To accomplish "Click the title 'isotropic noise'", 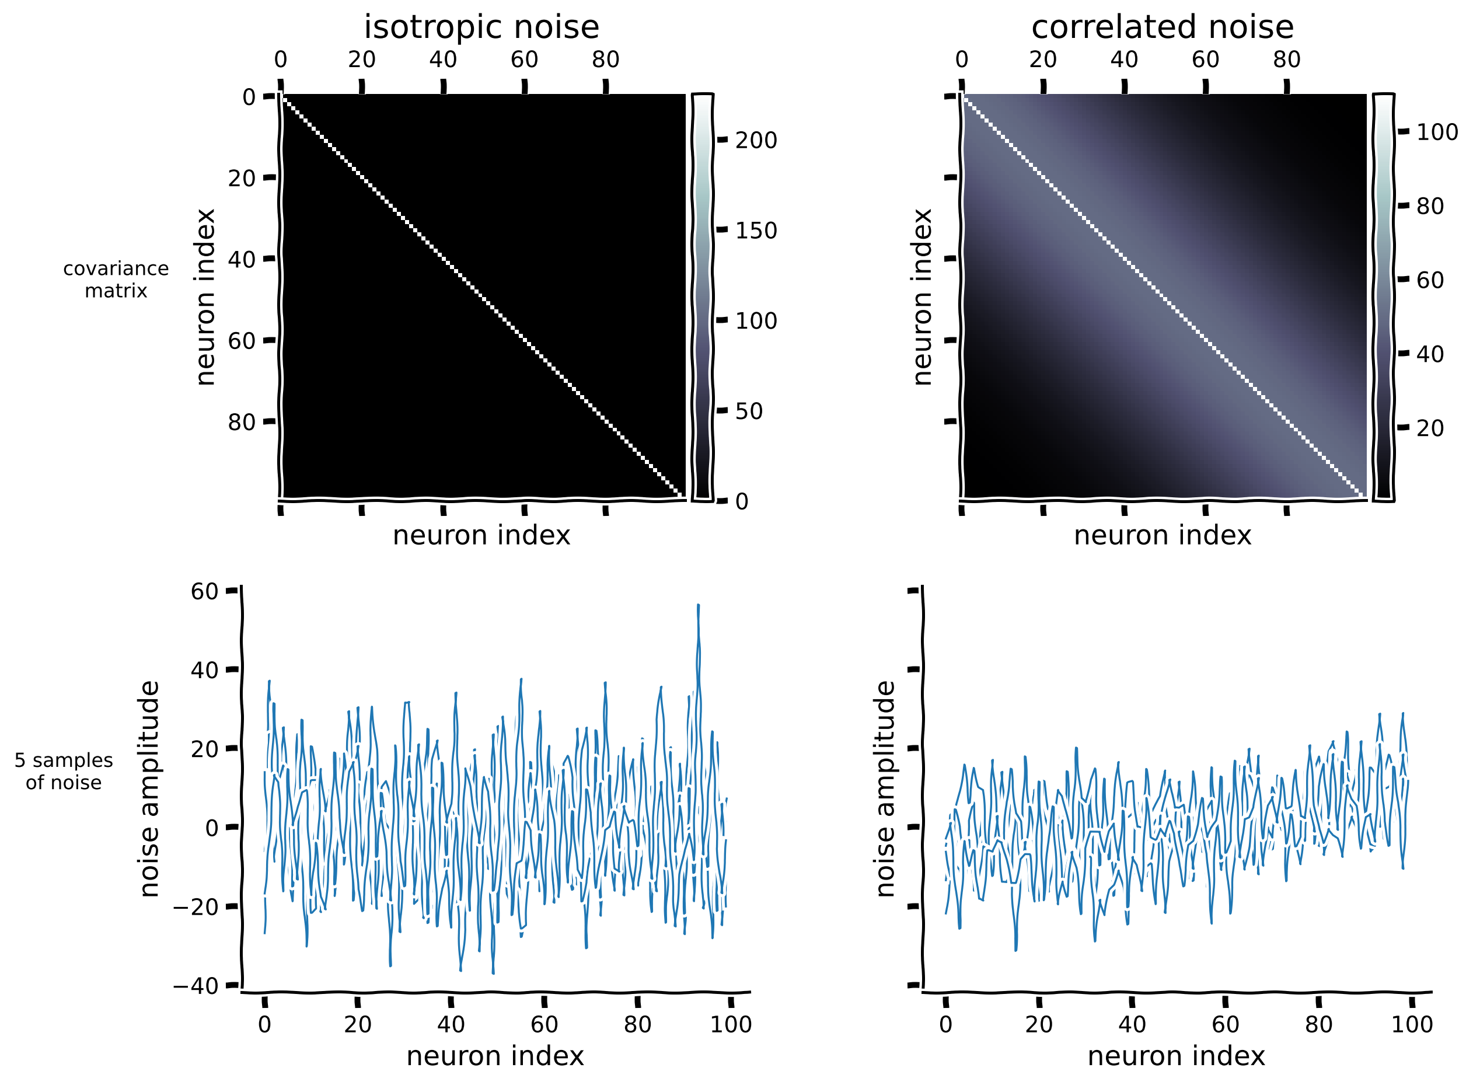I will tap(481, 27).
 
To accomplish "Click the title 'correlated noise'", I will tap(1162, 27).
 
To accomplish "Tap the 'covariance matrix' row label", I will tap(116, 279).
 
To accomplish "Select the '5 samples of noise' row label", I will tap(64, 771).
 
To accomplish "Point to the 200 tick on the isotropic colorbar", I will tap(755, 141).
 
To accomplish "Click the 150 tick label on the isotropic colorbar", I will tap(755, 231).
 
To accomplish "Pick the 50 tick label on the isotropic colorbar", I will tap(748, 411).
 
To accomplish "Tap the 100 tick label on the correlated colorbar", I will tap(1436, 132).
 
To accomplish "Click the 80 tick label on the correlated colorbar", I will tap(1429, 206).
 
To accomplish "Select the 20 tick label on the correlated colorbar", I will tap(1429, 428).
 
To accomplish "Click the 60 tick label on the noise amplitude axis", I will tap(204, 592).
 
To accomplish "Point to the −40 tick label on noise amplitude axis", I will tap(196, 986).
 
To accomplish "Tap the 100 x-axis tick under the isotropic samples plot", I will tap(730, 1024).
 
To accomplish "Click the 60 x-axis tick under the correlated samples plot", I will tap(1225, 1024).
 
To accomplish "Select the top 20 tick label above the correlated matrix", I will tap(1042, 60).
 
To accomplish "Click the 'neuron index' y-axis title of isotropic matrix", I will tap(205, 297).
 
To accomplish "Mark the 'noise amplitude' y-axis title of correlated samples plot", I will tap(885, 789).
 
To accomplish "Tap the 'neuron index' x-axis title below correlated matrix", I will tap(1162, 535).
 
